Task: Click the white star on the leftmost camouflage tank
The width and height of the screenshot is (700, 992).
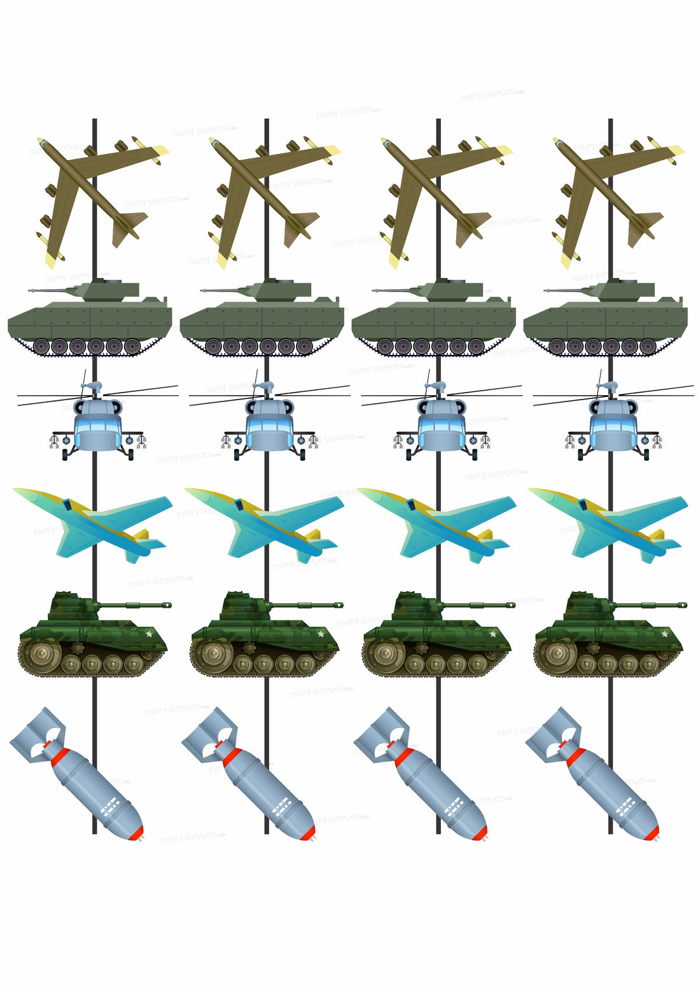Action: tap(149, 633)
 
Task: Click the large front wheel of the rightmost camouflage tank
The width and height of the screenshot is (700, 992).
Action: tap(557, 653)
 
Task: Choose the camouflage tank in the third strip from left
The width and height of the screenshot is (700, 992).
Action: tap(436, 636)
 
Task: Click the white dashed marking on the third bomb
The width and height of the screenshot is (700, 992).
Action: tap(454, 807)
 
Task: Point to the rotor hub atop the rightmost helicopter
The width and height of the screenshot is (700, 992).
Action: tap(612, 386)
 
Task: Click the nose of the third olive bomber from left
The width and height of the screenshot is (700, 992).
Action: tap(387, 144)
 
